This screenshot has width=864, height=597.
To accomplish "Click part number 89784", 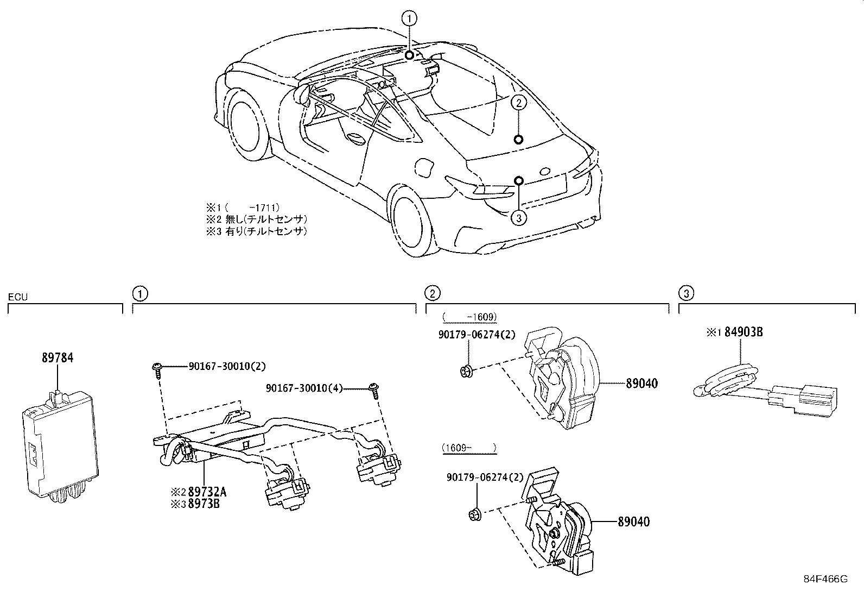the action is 58,358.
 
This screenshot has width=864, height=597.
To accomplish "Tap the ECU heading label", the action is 18,297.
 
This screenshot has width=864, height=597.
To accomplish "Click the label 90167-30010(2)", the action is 227,366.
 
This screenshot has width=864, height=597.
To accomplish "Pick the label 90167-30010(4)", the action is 304,388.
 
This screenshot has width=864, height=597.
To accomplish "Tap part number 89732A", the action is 207,492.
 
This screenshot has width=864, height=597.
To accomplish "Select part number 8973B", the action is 204,504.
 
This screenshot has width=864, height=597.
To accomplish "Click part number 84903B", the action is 744,332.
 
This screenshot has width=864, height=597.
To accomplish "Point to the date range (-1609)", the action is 470,317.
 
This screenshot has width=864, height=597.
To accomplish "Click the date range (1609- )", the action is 469,448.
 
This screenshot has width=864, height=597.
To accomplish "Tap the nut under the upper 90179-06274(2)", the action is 466,372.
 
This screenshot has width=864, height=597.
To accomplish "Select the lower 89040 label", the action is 634,521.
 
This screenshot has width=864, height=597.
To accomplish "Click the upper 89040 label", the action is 642,384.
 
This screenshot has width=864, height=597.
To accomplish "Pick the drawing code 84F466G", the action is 826,579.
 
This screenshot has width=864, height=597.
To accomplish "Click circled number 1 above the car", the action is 409,18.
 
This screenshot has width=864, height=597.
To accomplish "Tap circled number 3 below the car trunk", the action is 519,218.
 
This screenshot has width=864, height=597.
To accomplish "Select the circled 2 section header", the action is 433,293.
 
